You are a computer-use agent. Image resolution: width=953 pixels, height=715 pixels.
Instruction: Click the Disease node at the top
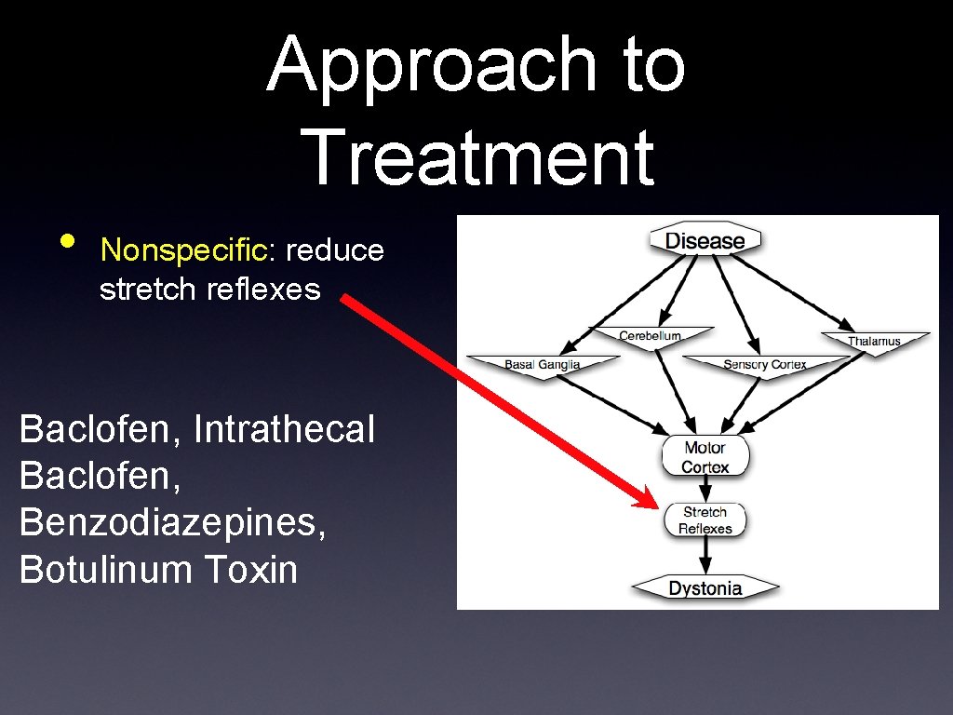(x=705, y=240)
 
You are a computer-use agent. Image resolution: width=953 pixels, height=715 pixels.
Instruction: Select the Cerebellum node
(x=651, y=336)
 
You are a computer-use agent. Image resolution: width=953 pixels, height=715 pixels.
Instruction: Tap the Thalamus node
(x=874, y=341)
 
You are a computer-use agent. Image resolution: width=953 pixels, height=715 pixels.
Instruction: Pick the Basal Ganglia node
(x=542, y=364)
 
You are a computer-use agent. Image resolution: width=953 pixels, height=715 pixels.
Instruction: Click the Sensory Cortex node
(x=765, y=364)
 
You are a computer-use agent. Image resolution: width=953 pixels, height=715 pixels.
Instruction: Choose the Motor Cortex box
(x=705, y=457)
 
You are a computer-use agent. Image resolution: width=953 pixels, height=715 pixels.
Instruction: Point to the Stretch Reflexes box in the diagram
(x=705, y=519)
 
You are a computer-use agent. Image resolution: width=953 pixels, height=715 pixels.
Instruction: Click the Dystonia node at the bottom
(x=705, y=587)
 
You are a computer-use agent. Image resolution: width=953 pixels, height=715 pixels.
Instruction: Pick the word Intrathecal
(x=285, y=429)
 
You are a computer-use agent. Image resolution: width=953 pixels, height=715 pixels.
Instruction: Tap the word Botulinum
(x=101, y=569)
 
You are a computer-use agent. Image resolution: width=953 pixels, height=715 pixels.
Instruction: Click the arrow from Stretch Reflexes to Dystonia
(x=705, y=556)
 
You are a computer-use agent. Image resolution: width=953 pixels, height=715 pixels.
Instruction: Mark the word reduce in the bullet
(x=334, y=250)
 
